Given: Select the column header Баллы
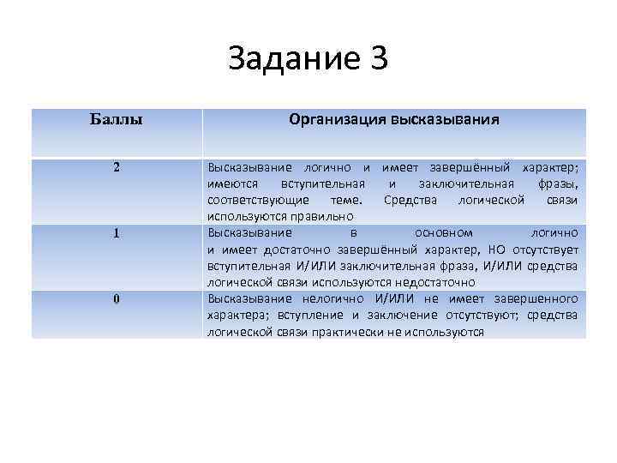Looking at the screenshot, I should [x=116, y=118].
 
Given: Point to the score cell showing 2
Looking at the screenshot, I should [x=116, y=166].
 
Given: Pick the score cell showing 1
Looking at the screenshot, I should [x=116, y=232].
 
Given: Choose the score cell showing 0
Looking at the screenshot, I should [x=116, y=298].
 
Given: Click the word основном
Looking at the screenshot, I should [x=443, y=232].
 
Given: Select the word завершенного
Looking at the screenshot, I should [x=539, y=298].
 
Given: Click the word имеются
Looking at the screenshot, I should [x=231, y=183].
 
